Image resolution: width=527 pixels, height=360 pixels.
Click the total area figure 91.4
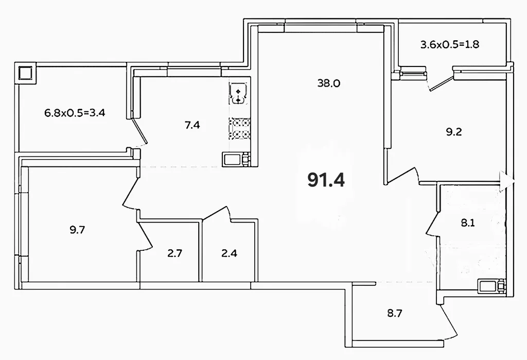click(326, 180)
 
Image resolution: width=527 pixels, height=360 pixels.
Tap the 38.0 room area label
click(329, 83)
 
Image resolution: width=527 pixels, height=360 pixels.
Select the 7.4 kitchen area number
click(192, 125)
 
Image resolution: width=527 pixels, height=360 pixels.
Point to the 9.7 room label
click(77, 230)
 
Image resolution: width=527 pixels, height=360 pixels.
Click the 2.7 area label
click(175, 253)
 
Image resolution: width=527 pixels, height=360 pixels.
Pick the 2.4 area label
click(229, 253)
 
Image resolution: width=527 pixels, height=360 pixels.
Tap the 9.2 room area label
click(454, 132)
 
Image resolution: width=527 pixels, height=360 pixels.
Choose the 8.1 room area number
click(467, 222)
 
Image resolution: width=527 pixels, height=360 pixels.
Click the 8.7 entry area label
click(395, 314)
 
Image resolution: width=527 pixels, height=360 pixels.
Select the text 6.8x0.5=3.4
click(75, 112)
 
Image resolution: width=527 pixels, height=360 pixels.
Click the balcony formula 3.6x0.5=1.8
click(450, 44)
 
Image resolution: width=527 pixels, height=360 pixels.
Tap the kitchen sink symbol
click(238, 94)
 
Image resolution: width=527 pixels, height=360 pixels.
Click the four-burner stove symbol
click(240, 129)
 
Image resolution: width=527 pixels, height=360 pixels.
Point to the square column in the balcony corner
click(25, 73)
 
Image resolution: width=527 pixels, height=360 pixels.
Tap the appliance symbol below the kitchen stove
click(236, 159)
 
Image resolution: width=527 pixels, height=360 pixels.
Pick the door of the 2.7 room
click(145, 236)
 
